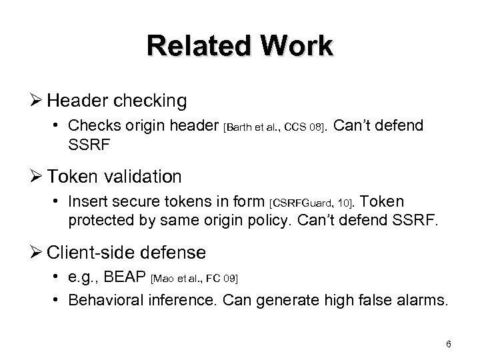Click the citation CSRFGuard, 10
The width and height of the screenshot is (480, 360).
tap(313, 203)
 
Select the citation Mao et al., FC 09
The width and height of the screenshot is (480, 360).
tap(195, 278)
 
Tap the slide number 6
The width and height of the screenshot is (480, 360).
tap(449, 344)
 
